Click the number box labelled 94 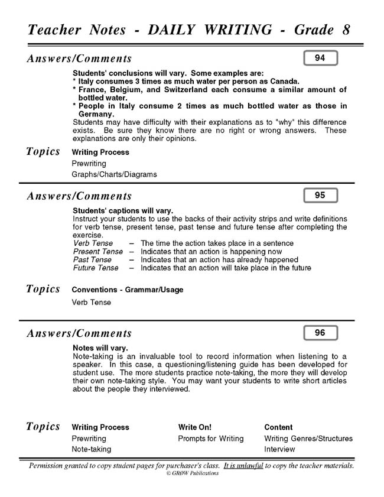tap(320, 58)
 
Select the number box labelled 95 tap(320, 195)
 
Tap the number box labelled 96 tap(320, 333)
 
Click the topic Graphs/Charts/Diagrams tap(114, 174)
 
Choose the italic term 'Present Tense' tap(98, 251)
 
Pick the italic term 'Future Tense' tap(96, 268)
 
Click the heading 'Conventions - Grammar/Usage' tap(127, 290)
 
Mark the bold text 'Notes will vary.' tap(100, 348)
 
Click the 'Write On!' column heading tap(194, 427)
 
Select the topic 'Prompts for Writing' tap(210, 438)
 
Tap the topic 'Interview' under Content tap(279, 449)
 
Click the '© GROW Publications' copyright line tap(192, 473)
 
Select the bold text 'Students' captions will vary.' tap(123, 210)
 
